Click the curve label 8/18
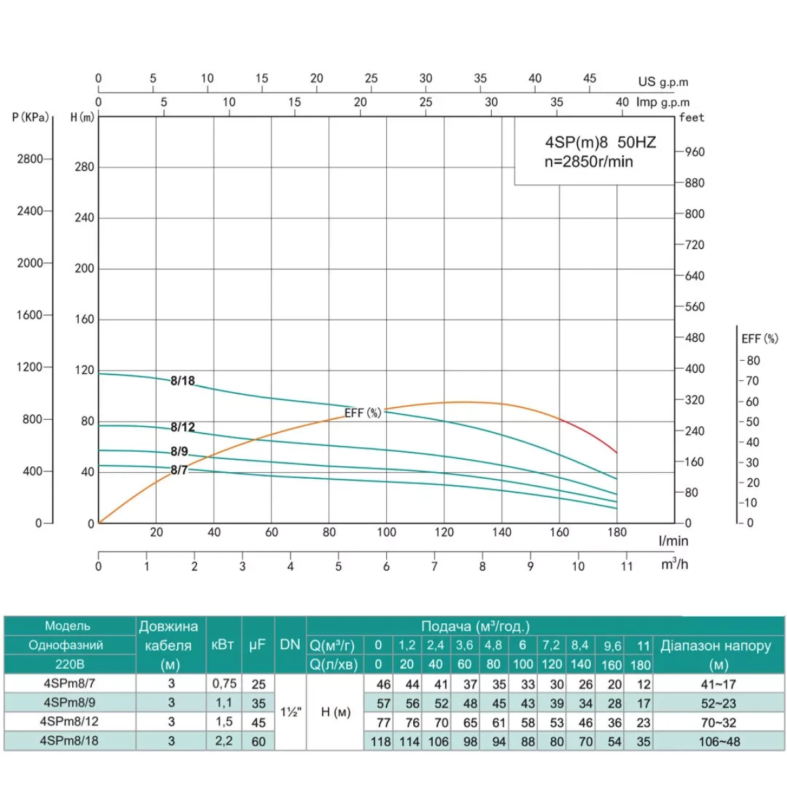pos(182,381)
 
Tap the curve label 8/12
pos(182,427)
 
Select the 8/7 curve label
pos(178,470)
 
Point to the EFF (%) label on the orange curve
pos(363,413)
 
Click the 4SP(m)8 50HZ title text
pos(600,143)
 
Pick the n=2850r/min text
pos(589,161)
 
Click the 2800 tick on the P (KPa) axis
pos(30,159)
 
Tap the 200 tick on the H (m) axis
pos(84,268)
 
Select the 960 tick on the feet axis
pos(695,152)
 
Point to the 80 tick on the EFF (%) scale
pos(753,361)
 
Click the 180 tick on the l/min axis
pos(616,533)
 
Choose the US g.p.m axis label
pos(663,82)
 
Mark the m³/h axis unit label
pos(674,564)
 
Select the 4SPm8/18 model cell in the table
pos(70,740)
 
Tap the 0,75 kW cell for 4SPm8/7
pos(224,683)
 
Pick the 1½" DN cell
pos(291,712)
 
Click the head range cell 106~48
pos(718,741)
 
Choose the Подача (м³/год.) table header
pos(475,626)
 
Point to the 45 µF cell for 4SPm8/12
pos(258,722)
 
